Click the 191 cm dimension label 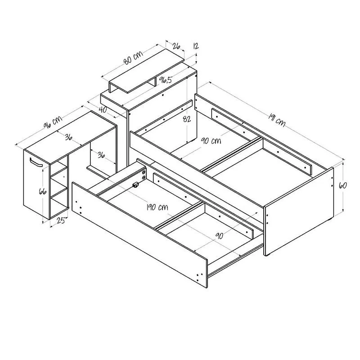coord(277,121)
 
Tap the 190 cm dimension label coord(157,207)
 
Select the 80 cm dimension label coord(133,58)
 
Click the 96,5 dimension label coord(166,80)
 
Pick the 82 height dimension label coord(187,119)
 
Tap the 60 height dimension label coord(342,185)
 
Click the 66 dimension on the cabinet coord(43,191)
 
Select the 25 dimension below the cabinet coord(61,220)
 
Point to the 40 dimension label coord(103,109)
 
